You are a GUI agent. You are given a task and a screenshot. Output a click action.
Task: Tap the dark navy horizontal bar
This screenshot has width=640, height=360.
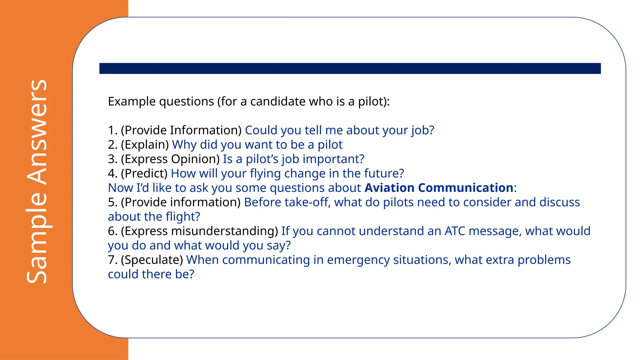[350, 68]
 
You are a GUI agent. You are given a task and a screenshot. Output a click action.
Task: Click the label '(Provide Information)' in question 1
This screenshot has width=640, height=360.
[181, 130]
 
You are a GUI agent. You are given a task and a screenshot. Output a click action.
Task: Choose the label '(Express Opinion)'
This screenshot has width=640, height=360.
[170, 159]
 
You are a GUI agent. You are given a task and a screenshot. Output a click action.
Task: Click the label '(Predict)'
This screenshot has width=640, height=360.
[144, 173]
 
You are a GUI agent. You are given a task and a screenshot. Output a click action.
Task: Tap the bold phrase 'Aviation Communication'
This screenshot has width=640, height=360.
[439, 188]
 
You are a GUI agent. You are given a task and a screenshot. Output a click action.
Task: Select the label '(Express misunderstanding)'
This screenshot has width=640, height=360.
[199, 231]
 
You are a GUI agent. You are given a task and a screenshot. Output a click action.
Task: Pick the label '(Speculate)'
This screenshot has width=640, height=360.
[152, 260]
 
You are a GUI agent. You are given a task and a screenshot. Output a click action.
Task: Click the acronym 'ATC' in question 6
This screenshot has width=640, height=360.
[455, 231]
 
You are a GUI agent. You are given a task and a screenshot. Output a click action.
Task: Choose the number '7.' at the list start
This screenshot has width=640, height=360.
[113, 260]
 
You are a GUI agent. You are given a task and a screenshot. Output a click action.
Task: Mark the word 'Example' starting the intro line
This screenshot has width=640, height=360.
[132, 102]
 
